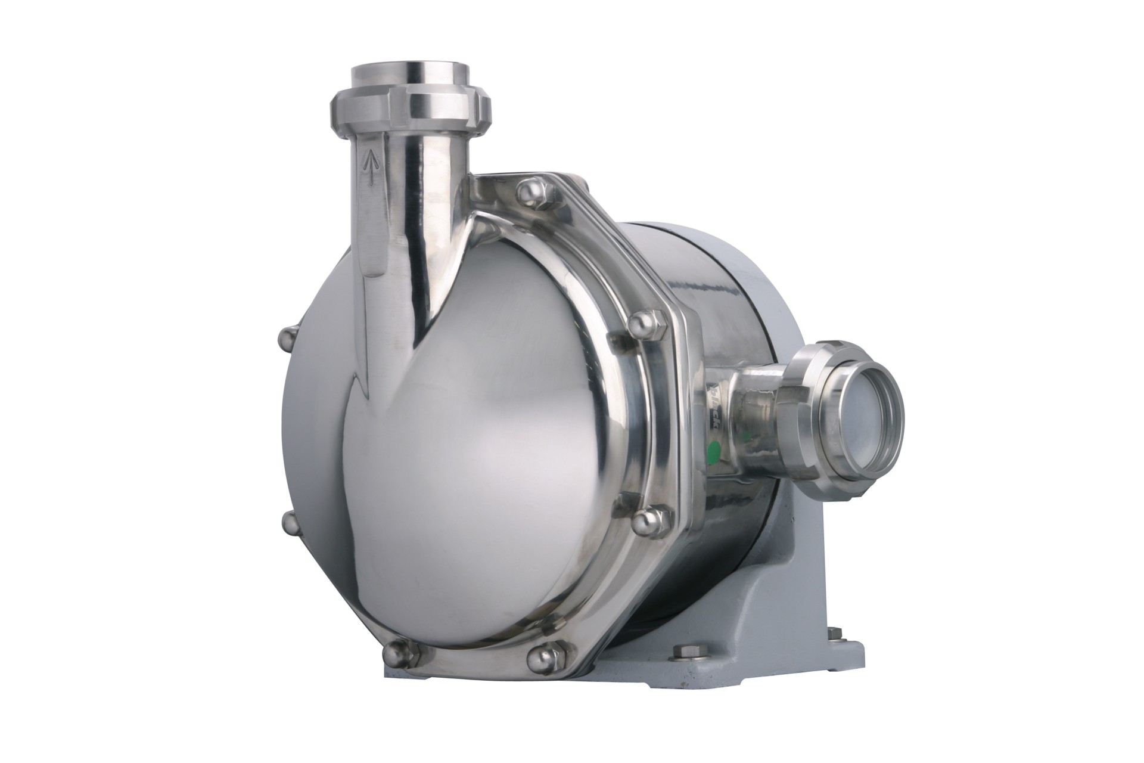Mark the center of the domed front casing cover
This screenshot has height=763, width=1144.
453,417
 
